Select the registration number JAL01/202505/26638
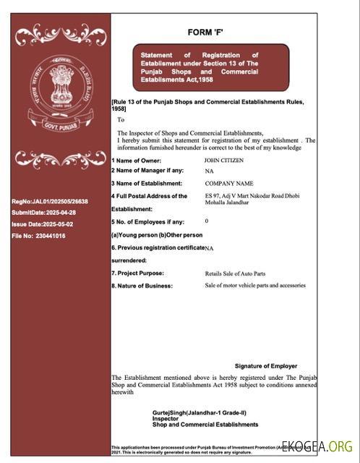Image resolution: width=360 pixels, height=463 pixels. pyautogui.click(x=49, y=201)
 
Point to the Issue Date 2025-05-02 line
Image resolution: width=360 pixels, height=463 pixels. pyautogui.click(x=41, y=224)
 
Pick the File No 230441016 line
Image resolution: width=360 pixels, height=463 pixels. pyautogui.click(x=38, y=236)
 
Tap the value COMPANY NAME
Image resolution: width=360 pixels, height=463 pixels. pyautogui.click(x=229, y=184)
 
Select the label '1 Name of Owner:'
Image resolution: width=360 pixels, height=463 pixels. pyautogui.click(x=137, y=161)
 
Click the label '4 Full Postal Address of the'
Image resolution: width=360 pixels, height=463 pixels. pyautogui.click(x=149, y=196)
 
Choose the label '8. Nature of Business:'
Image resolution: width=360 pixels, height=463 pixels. pyautogui.click(x=142, y=286)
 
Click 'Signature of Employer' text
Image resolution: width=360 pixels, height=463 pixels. pyautogui.click(x=266, y=366)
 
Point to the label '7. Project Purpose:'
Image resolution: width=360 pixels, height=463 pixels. pyautogui.click(x=137, y=273)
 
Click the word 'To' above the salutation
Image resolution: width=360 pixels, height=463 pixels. pyautogui.click(x=121, y=119)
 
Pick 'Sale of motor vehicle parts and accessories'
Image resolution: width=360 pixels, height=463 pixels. pyautogui.click(x=255, y=285)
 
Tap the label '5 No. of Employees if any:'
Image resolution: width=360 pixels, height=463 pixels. pyautogui.click(x=147, y=221)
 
